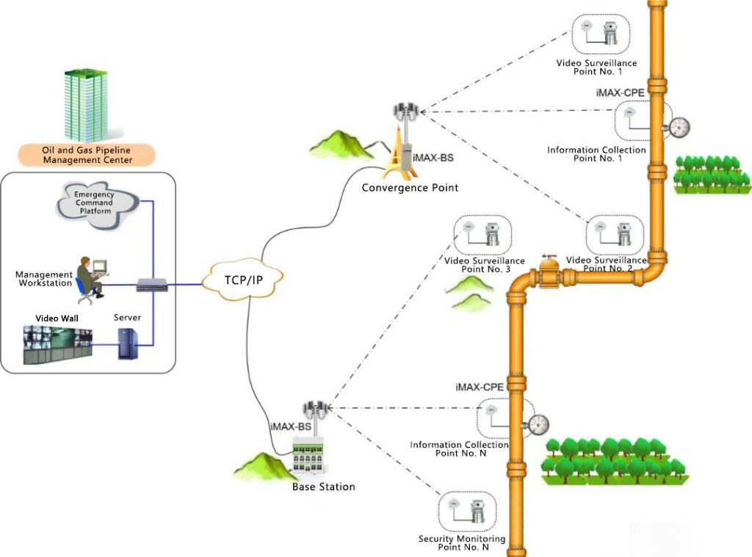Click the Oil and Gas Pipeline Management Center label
pyautogui.click(x=87, y=155)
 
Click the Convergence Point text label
pyautogui.click(x=410, y=188)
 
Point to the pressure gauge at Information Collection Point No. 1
pyautogui.click(x=678, y=128)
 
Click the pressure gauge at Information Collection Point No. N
pyautogui.click(x=538, y=423)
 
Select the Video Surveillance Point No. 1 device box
pyautogui.click(x=601, y=34)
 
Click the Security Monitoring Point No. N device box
pyautogui.click(x=467, y=512)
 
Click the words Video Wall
pyautogui.click(x=57, y=318)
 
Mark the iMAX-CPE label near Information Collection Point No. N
pyautogui.click(x=480, y=387)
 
